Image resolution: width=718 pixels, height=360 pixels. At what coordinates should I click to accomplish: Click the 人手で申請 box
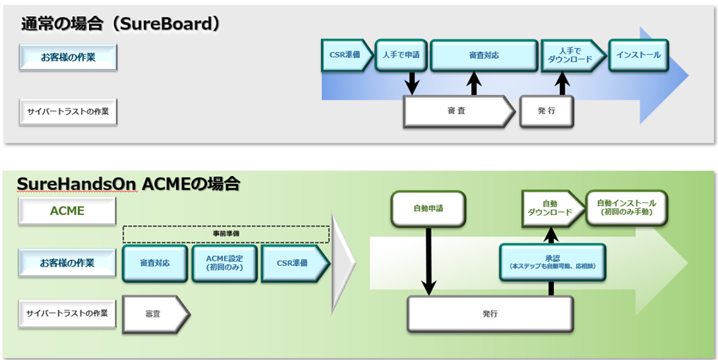401,55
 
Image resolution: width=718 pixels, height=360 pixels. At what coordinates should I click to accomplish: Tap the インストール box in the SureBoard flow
638,55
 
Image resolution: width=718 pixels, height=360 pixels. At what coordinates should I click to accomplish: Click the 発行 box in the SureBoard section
546,110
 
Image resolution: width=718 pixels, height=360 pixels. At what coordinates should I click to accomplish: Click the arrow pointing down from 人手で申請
412,82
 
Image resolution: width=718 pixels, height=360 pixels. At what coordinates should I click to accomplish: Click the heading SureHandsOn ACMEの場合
129,183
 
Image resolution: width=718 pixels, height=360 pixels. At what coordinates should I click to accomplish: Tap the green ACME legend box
67,211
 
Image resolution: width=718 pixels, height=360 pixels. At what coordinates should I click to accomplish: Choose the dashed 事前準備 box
225,233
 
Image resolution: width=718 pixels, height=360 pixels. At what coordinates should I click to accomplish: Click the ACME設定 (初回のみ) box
225,263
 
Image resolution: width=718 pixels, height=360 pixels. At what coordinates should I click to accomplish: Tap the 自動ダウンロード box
551,208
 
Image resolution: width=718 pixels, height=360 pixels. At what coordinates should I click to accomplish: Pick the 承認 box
552,262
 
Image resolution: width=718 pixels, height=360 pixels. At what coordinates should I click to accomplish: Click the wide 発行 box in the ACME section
490,314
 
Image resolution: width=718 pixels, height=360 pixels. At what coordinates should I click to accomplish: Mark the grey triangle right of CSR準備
342,263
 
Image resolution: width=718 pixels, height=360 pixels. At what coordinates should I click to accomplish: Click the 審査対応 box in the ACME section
154,263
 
